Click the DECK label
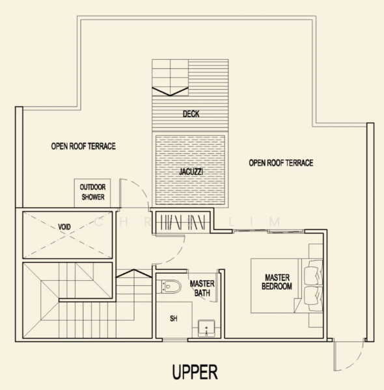click(x=191, y=114)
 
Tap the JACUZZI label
click(x=191, y=172)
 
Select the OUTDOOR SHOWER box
click(x=92, y=193)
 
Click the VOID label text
click(x=64, y=227)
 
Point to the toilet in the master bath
click(x=171, y=287)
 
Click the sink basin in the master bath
click(x=206, y=328)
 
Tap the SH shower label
click(x=174, y=318)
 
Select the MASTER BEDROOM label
click(x=277, y=282)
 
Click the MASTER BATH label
click(x=202, y=288)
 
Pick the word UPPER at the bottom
click(x=195, y=372)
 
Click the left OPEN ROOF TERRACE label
click(x=83, y=146)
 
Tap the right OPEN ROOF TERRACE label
click(x=281, y=163)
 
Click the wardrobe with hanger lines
click(x=183, y=222)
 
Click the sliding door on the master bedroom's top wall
click(x=268, y=231)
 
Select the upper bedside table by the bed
click(x=316, y=251)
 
